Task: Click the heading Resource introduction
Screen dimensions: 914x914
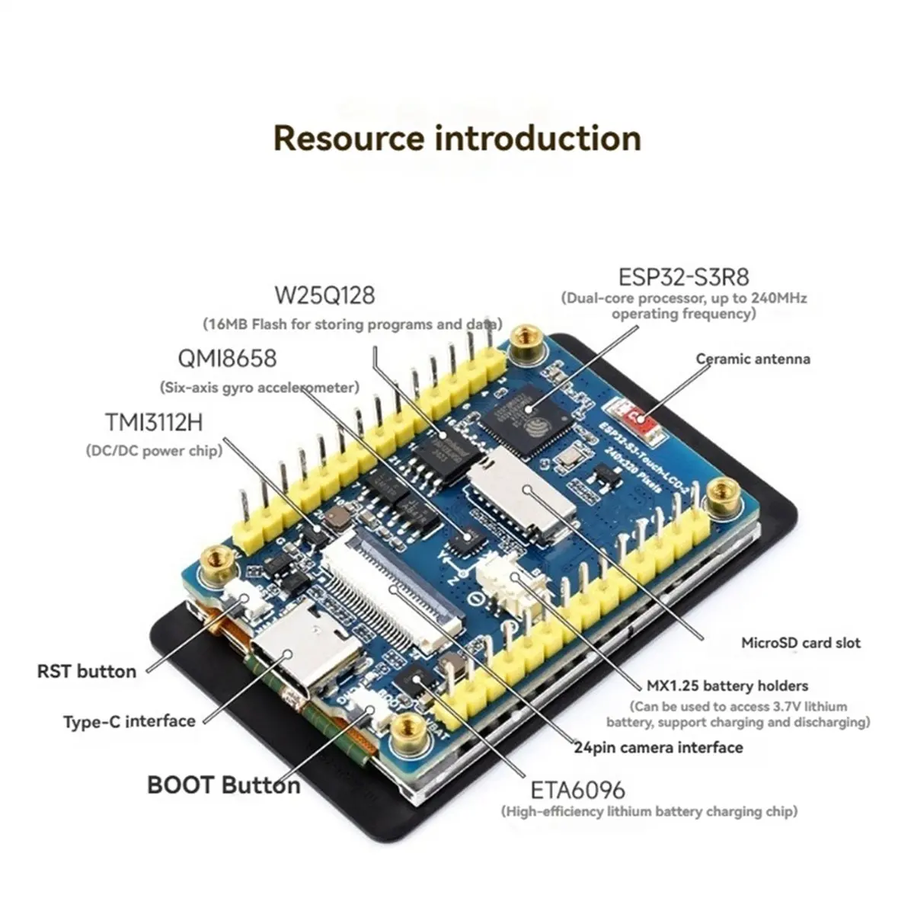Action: (457, 139)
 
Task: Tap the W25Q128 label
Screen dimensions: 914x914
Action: (324, 295)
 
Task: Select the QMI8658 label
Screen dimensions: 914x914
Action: (227, 359)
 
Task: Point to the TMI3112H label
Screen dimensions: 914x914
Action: (154, 422)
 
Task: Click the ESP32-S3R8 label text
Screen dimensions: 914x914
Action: (683, 276)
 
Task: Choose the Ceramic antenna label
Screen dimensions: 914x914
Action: (753, 359)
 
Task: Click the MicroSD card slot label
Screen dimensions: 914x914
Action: (801, 643)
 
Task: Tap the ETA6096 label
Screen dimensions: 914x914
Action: (577, 789)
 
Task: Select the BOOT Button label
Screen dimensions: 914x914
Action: (223, 785)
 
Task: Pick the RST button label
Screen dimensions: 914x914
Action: (87, 672)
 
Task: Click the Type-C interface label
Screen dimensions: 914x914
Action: (129, 721)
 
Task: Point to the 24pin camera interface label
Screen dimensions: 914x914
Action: (658, 747)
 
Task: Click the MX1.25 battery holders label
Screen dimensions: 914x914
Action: (727, 686)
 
